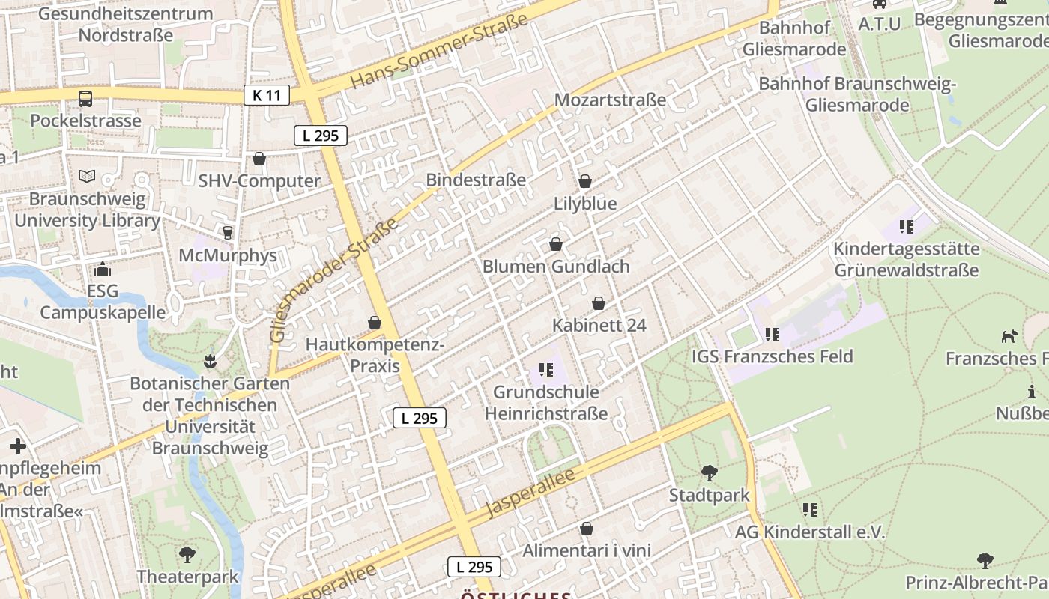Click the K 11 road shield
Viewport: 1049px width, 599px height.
[x=266, y=95]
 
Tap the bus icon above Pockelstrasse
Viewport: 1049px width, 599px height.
[x=85, y=98]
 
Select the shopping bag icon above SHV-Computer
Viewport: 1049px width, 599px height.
[x=259, y=159]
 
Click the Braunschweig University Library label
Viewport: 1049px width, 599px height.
[x=87, y=210]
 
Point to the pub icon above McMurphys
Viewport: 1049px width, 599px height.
[x=228, y=232]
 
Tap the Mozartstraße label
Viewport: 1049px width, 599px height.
[x=610, y=100]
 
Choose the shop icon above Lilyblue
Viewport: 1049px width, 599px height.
[x=585, y=181]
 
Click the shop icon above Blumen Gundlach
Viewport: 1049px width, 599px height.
[x=556, y=244]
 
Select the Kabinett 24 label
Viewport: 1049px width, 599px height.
[x=599, y=326]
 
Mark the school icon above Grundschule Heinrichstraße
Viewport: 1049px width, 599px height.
[x=546, y=369]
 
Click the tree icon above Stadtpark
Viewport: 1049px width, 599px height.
[x=709, y=473]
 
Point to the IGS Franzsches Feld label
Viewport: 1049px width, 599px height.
[x=773, y=356]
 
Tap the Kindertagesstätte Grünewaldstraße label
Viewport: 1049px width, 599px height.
[x=906, y=259]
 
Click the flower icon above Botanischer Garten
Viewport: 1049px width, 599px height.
[x=210, y=362]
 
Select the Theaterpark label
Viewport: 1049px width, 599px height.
[x=187, y=577]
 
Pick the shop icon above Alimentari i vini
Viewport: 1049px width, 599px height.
[x=587, y=529]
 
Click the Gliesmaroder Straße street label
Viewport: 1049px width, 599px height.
[x=334, y=281]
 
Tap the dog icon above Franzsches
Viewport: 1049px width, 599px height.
[x=1009, y=337]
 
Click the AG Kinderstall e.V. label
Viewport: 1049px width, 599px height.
[x=810, y=532]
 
